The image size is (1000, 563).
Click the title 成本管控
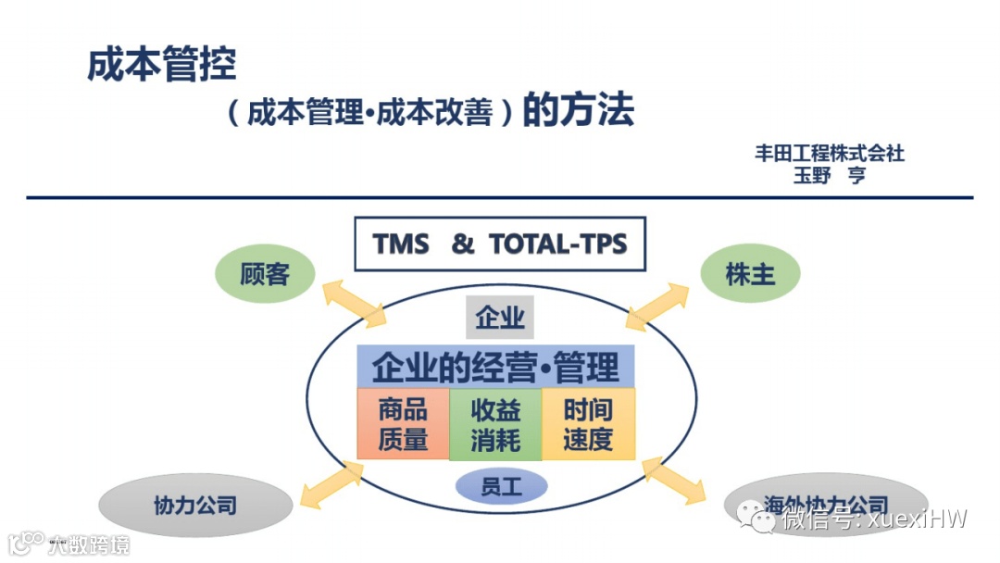[x=162, y=65]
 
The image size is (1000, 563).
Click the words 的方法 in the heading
[x=579, y=111]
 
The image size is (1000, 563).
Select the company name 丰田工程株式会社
[x=829, y=154]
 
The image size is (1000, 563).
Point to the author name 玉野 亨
[x=829, y=175]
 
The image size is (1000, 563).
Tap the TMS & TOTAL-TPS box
[x=500, y=244]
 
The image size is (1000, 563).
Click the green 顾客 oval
[x=265, y=274]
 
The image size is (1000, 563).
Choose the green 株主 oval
[x=750, y=274]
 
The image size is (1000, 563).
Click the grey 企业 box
[x=500, y=318]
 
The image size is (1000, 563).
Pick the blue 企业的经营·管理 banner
[x=495, y=367]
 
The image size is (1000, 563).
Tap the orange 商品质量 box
[x=403, y=424]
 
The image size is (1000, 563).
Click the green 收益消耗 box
[x=495, y=424]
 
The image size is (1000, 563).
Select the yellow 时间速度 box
[x=588, y=424]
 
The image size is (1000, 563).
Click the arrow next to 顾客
[x=355, y=302]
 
